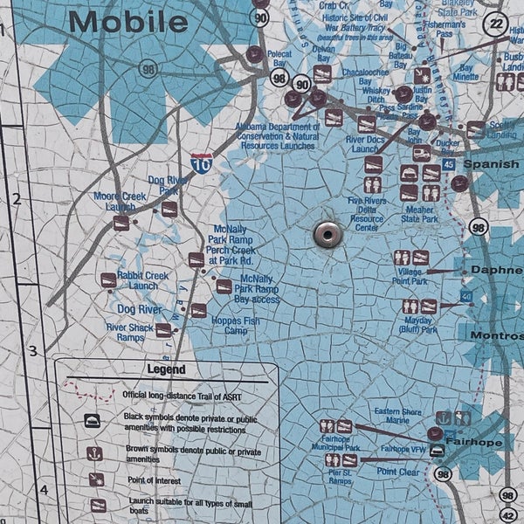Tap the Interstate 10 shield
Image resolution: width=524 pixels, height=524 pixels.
(202, 163)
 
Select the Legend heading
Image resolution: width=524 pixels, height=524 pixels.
(165, 369)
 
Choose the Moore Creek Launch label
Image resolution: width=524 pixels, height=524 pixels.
(120, 202)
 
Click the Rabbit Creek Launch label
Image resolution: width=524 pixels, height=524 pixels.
(143, 281)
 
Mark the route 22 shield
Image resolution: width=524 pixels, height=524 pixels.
(498, 24)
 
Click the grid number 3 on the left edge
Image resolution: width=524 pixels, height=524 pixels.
(32, 351)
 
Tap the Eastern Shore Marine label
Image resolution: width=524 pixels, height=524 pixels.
(399, 416)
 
